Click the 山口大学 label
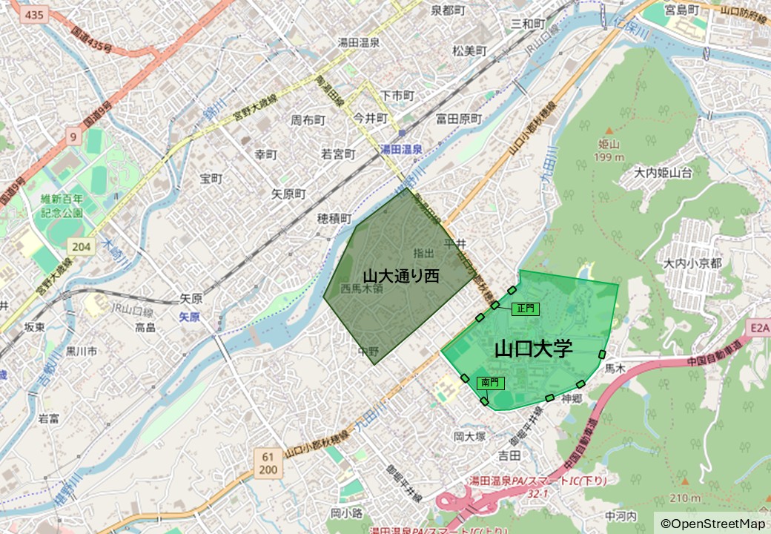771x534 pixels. (x=534, y=349)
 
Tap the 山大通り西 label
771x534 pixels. (x=401, y=277)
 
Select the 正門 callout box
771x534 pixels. (x=526, y=309)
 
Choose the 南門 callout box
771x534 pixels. (x=491, y=383)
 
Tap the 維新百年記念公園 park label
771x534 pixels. (x=62, y=205)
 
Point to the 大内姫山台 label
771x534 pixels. (x=663, y=173)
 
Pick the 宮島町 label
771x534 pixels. (x=682, y=10)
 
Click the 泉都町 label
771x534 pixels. (x=448, y=10)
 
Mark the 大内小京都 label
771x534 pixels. (x=692, y=263)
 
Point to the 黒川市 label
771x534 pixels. (x=81, y=351)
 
